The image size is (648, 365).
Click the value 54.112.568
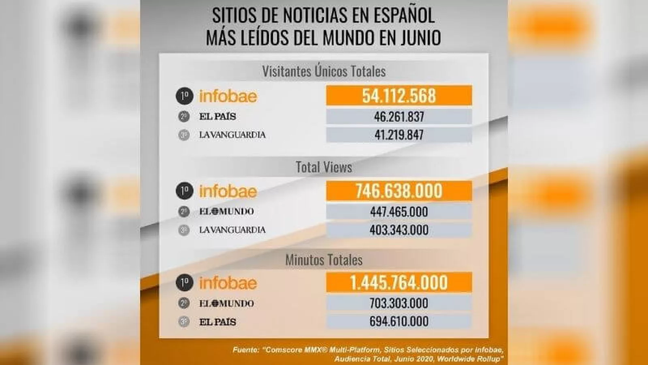[399, 96]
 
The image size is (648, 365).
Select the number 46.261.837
[399, 117]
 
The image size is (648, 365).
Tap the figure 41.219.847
[399, 135]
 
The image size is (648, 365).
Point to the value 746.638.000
[399, 191]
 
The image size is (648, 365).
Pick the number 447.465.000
[399, 212]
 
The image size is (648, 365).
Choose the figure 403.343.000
[399, 230]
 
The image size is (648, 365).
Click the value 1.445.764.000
[399, 283]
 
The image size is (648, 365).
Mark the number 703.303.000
[399, 303]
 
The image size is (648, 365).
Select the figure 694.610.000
[399, 322]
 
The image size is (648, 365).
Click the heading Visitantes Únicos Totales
[324, 71]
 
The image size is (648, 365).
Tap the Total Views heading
[324, 167]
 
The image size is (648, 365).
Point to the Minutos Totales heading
[324, 260]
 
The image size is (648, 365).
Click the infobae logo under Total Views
[228, 191]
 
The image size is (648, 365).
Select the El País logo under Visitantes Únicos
[217, 117]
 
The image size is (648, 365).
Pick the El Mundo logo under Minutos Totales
[226, 303]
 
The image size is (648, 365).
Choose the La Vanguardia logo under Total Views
[232, 230]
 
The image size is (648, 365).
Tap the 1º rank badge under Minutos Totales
[184, 283]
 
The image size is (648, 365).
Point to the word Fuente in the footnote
[245, 350]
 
